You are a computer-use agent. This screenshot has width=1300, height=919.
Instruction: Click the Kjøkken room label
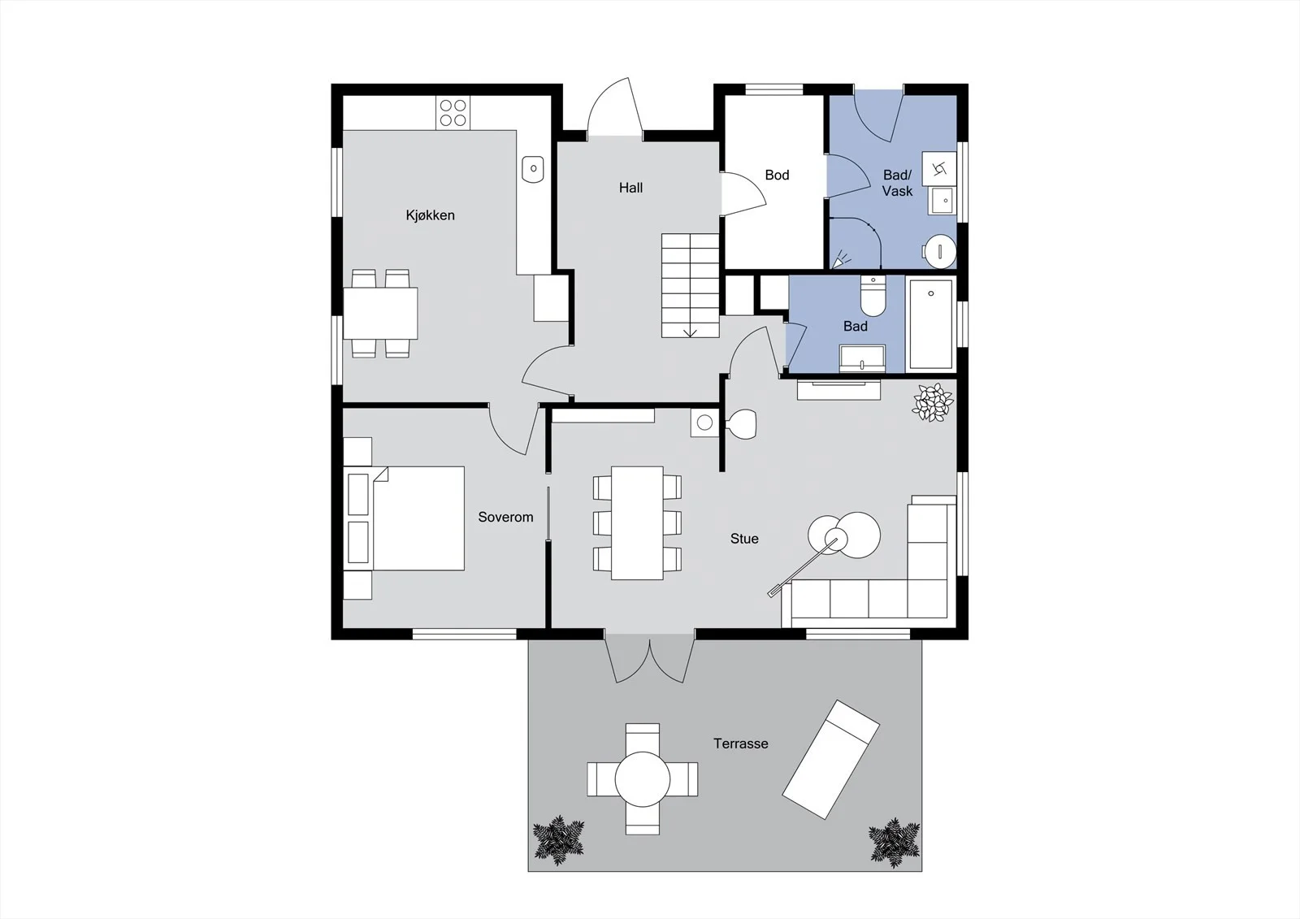point(430,215)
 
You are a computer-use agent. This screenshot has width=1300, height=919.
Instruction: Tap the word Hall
point(630,188)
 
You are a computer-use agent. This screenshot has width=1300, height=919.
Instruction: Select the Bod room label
point(777,175)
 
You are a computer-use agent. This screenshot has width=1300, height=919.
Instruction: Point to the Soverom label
point(505,518)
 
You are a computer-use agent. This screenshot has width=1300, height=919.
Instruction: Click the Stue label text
point(744,539)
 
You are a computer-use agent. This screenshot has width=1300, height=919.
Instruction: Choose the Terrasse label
point(740,743)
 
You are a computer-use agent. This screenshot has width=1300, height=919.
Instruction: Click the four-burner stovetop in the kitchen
point(453,113)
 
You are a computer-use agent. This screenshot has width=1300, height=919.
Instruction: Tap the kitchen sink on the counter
point(533,170)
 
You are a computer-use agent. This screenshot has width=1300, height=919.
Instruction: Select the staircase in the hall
point(691,286)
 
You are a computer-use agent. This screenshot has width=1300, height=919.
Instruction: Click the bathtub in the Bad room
point(931,324)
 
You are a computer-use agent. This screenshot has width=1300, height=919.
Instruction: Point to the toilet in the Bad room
point(873,296)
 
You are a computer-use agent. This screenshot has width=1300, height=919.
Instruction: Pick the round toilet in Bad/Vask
point(939,251)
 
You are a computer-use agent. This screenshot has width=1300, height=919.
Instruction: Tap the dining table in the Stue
point(637,523)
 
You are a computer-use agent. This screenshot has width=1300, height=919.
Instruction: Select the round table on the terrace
point(643,779)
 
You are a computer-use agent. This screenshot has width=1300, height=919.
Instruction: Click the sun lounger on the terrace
point(831,760)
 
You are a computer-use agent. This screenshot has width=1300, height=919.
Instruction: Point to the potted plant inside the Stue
point(933,401)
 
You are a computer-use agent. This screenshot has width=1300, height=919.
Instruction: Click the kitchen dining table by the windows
point(380,314)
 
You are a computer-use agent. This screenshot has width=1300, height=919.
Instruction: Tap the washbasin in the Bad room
point(862,359)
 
